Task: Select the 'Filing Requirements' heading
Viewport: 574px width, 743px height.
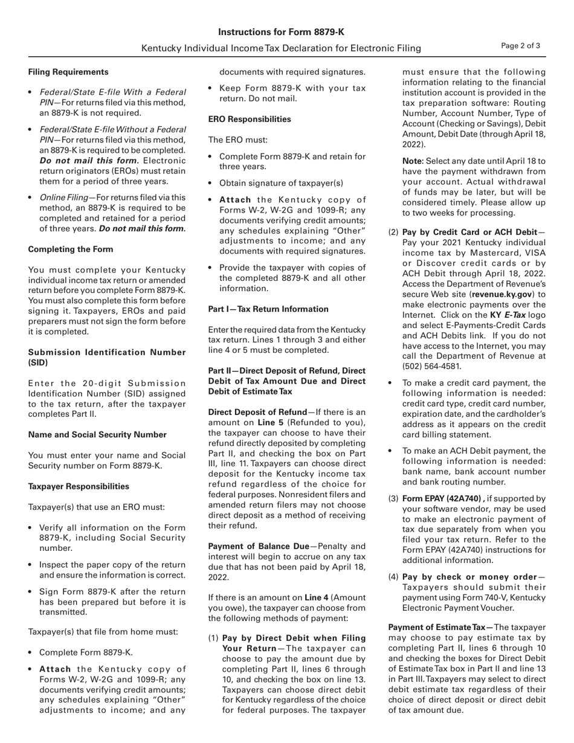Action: [x=68, y=72]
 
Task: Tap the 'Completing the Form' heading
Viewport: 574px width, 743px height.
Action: [x=70, y=249]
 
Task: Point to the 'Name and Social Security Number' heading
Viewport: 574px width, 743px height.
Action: [x=97, y=434]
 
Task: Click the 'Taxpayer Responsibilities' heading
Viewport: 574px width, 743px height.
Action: [x=78, y=486]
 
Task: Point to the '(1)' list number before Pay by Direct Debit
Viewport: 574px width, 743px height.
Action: [x=213, y=638]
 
